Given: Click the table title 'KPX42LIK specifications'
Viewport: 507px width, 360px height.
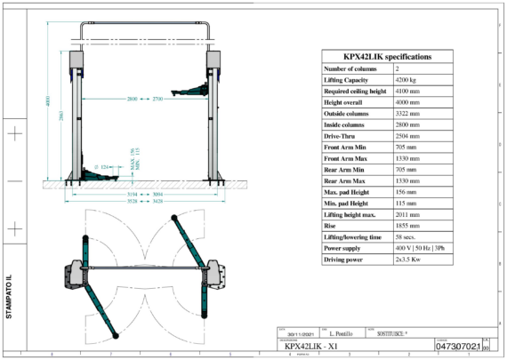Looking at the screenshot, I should pos(387,56).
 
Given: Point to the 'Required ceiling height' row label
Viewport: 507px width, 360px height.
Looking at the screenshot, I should pos(355,92).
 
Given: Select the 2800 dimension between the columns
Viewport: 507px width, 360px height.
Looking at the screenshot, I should pos(133,97).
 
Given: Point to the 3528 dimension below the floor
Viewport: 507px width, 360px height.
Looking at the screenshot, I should pos(132,201).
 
